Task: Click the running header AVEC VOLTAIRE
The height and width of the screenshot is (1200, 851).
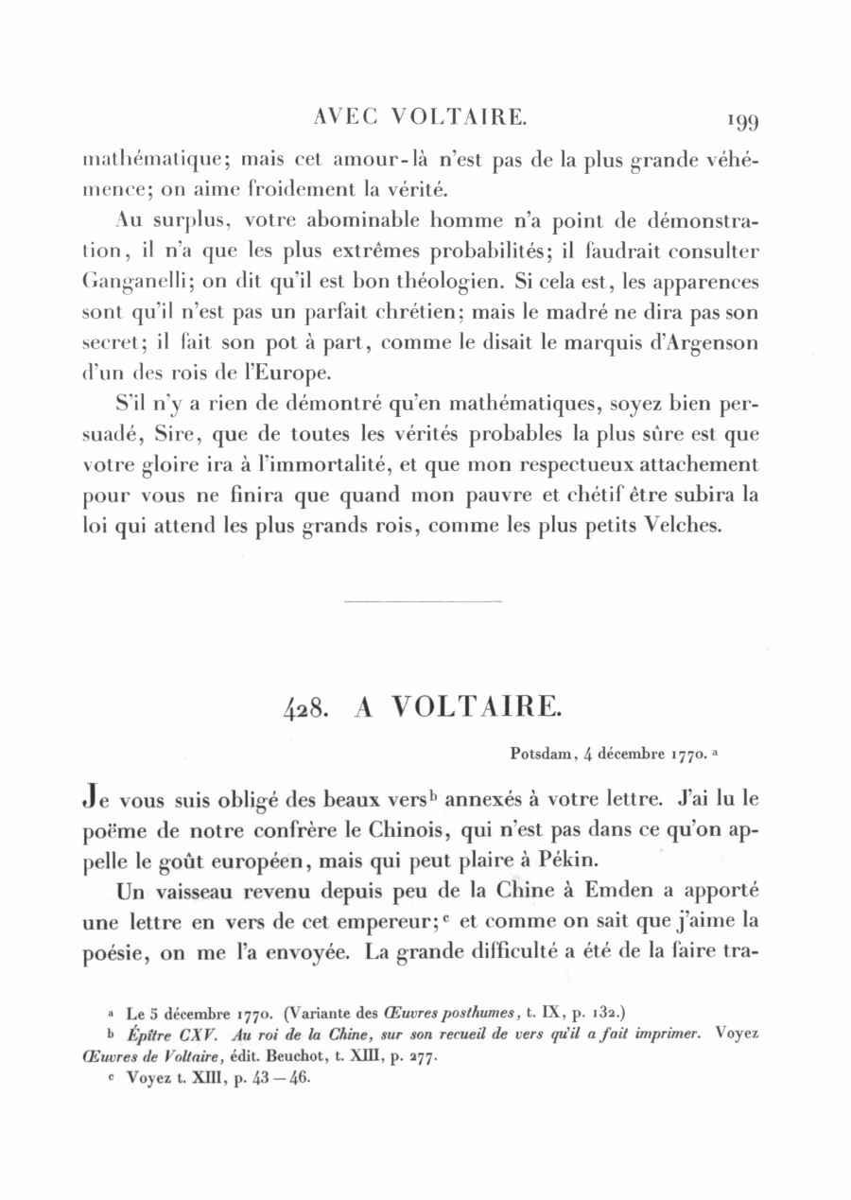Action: (419, 117)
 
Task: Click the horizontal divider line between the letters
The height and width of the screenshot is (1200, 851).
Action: (423, 600)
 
